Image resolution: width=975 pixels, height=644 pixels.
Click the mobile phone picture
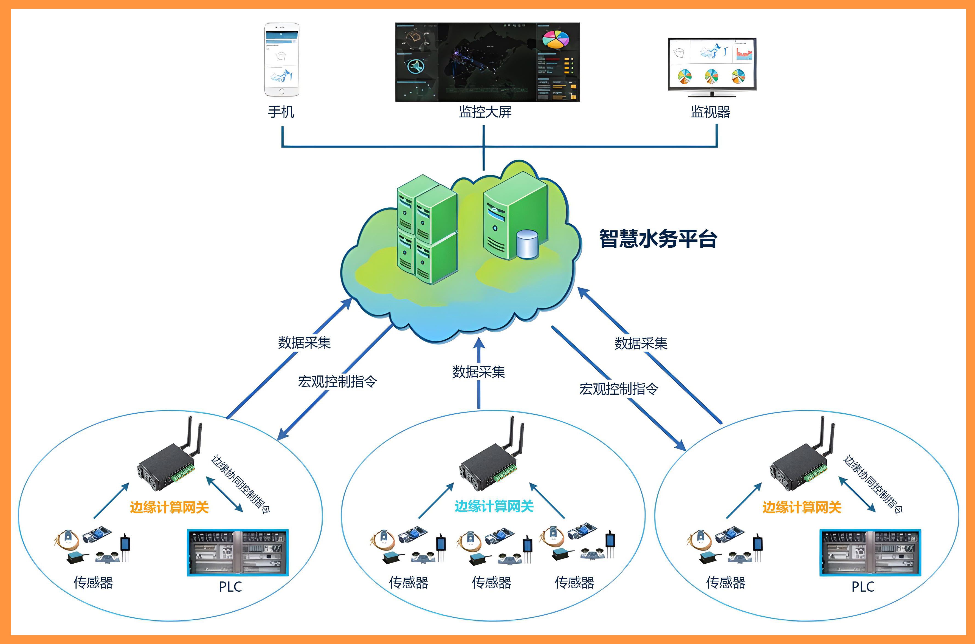tap(282, 60)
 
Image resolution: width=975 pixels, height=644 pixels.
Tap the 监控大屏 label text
tap(485, 112)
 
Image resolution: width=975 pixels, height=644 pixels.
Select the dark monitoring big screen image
tap(487, 62)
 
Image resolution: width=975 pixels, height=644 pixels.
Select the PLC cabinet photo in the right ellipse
tap(870, 552)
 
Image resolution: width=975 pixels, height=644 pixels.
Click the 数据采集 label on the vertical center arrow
tap(478, 372)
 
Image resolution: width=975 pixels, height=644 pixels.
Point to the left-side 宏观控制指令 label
tap(337, 382)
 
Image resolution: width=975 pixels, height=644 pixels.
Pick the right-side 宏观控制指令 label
tap(619, 389)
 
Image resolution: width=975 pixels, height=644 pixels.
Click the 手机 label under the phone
tap(281, 112)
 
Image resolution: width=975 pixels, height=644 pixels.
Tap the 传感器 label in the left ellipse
tap(93, 582)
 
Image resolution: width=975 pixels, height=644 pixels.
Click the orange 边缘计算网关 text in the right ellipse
tap(802, 507)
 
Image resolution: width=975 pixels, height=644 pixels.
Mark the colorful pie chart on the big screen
tap(555, 39)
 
